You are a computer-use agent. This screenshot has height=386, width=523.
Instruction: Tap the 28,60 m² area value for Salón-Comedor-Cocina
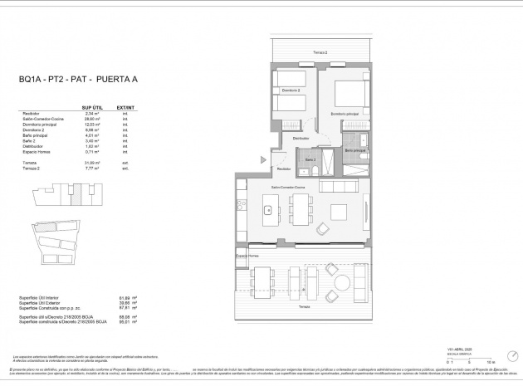coord(91,120)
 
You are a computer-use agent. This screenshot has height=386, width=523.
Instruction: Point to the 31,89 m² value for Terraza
coord(91,164)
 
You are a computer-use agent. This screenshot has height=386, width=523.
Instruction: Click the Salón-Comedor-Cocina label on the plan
coord(287,188)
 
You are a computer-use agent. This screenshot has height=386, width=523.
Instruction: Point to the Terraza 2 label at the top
coord(320,52)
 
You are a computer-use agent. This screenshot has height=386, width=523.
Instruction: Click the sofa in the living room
coord(360,210)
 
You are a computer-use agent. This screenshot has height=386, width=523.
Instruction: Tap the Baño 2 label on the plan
coord(310,159)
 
